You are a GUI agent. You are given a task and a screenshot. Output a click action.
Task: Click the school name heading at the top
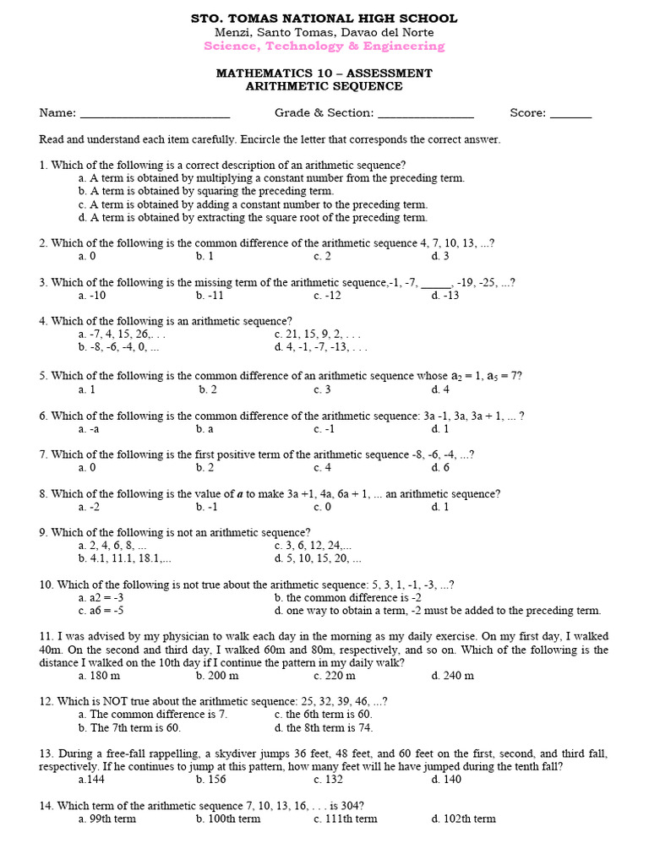pyautogui.click(x=324, y=18)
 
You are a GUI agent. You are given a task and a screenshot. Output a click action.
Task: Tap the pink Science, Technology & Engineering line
pyautogui.click(x=324, y=46)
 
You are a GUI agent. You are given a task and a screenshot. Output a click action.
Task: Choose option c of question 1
pyautogui.click(x=253, y=204)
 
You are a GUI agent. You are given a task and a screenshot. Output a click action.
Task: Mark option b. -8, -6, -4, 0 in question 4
pyautogui.click(x=118, y=346)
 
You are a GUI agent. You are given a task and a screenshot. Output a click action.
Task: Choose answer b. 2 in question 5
pyautogui.click(x=208, y=389)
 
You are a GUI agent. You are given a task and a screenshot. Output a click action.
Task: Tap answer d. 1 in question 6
pyautogui.click(x=439, y=428)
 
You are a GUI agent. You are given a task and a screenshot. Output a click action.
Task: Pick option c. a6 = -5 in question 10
pyautogui.click(x=101, y=610)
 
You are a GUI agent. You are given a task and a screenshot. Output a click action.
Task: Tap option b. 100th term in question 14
pyautogui.click(x=228, y=819)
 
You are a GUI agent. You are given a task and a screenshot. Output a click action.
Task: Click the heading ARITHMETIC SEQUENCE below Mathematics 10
pyautogui.click(x=324, y=86)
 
